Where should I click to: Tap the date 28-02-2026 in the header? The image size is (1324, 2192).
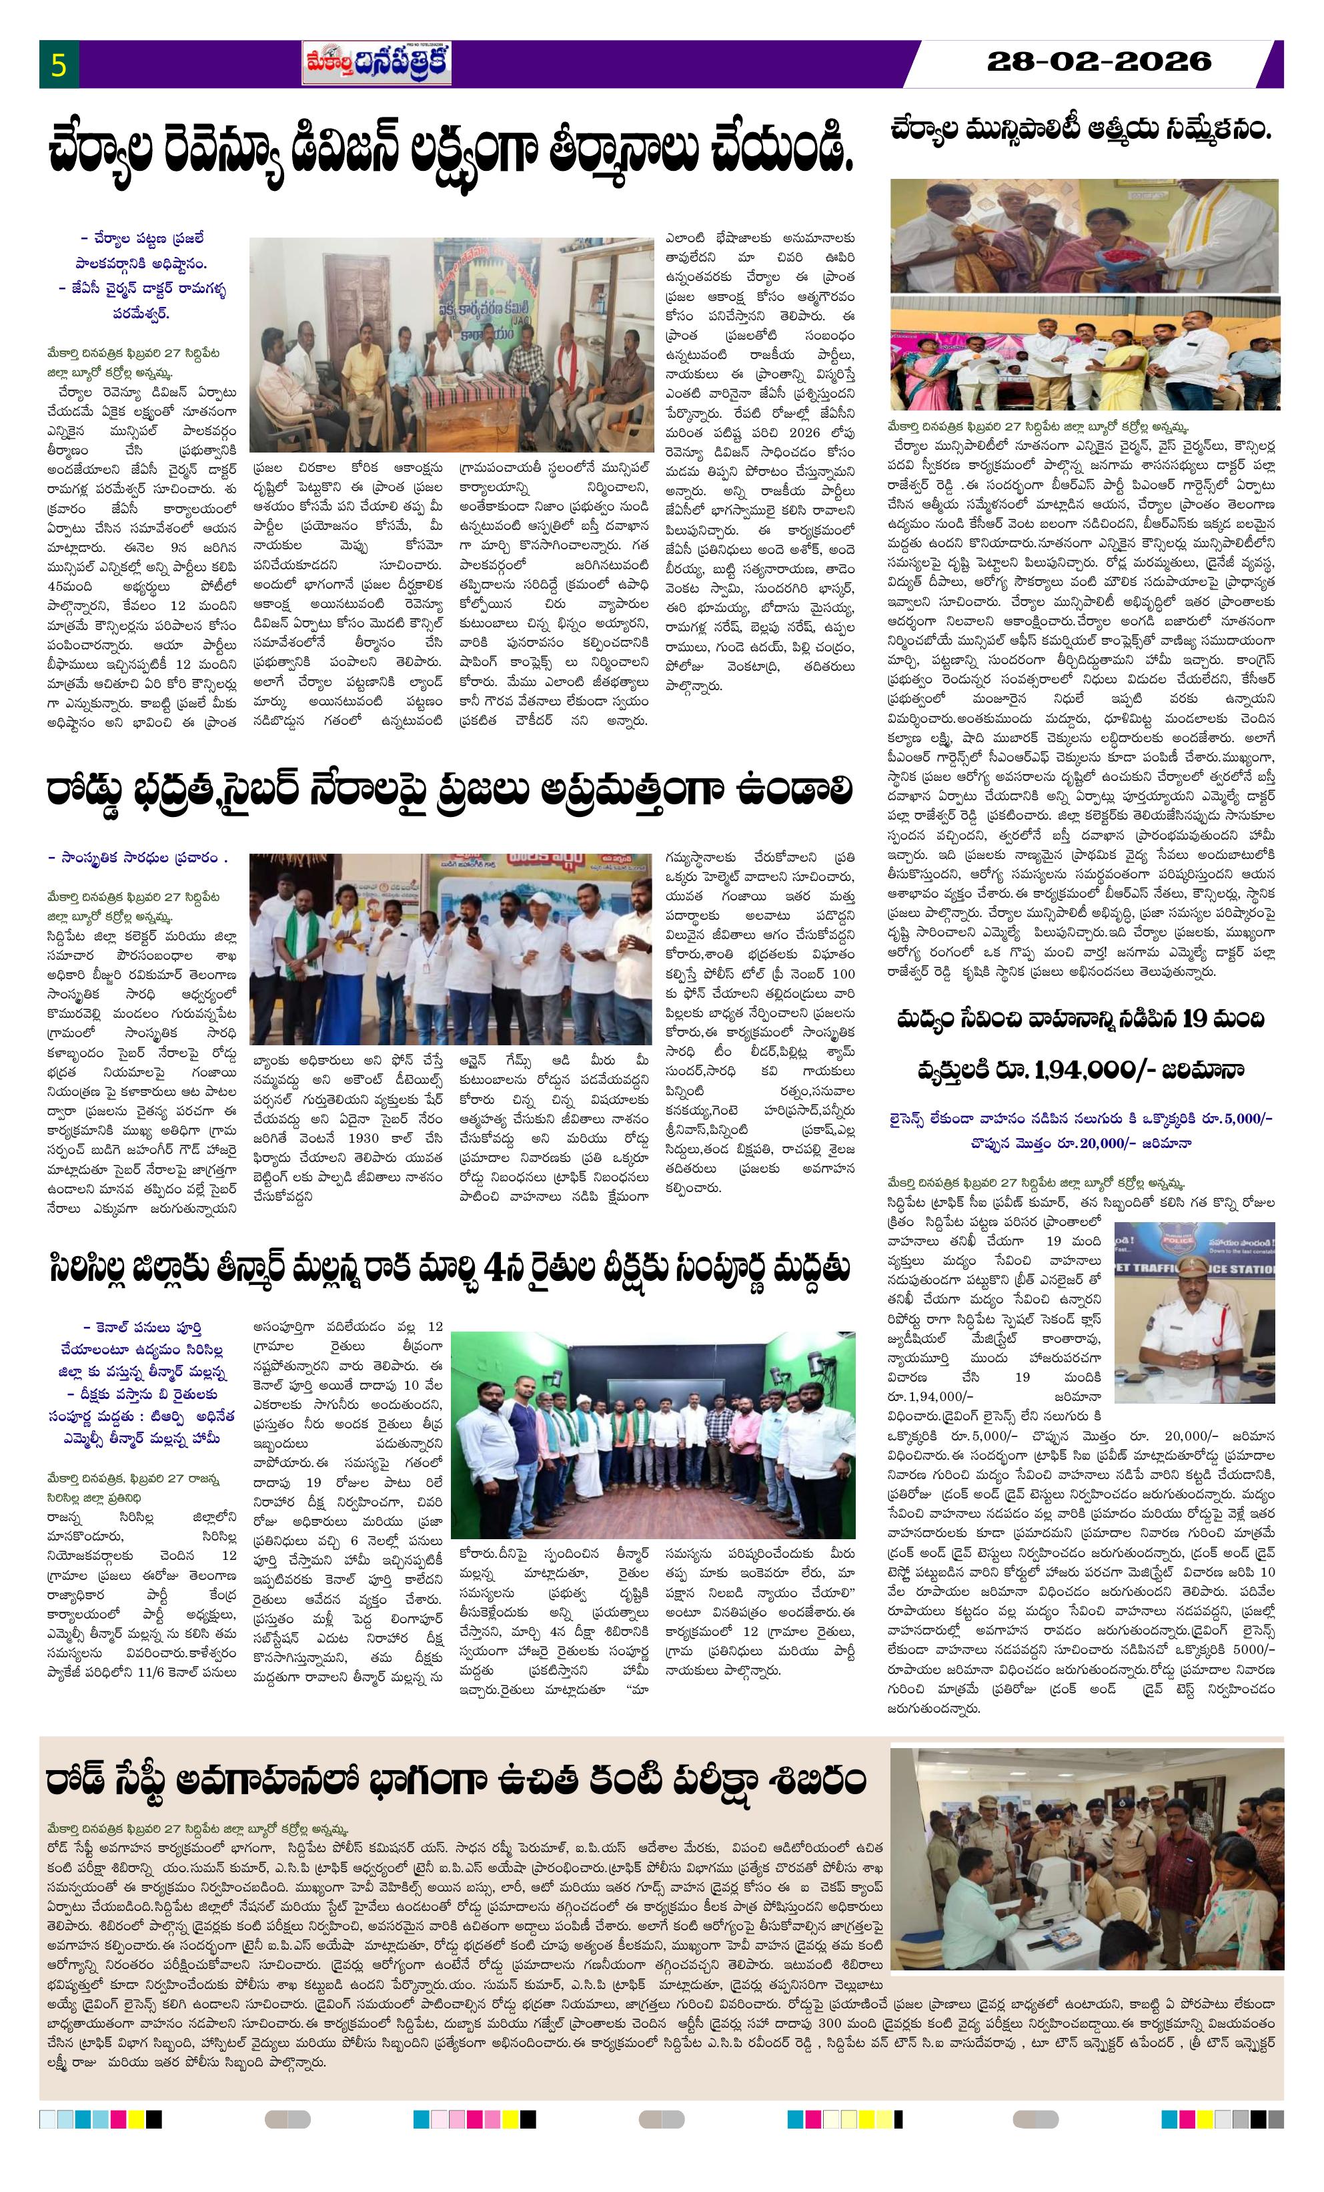(1099, 61)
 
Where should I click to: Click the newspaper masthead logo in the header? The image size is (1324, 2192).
(376, 63)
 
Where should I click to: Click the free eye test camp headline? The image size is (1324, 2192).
(456, 1780)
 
